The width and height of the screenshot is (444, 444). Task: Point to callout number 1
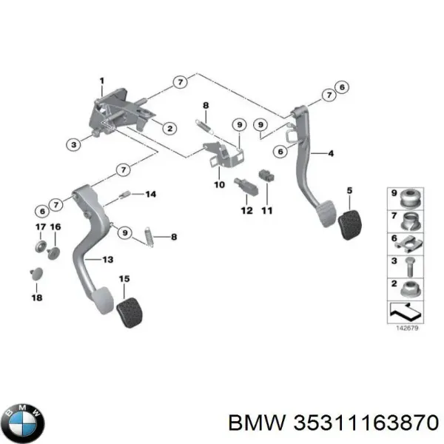(102, 81)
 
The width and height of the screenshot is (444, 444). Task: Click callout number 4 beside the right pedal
(331, 153)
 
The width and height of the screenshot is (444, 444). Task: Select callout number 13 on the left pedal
(107, 259)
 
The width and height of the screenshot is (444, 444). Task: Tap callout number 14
(150, 195)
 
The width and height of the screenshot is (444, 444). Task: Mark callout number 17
(40, 226)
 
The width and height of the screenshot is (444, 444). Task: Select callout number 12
(246, 209)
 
